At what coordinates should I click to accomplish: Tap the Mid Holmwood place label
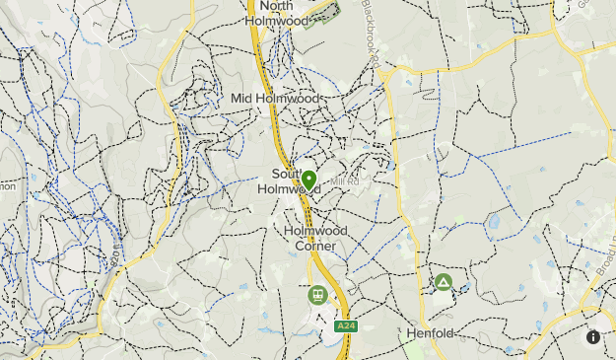(x=276, y=98)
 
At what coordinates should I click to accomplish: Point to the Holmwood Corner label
(x=315, y=238)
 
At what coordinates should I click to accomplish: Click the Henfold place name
(x=431, y=333)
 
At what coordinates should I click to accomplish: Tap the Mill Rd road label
(x=345, y=181)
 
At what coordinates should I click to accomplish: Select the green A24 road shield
(x=344, y=325)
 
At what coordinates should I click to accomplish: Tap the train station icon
(x=317, y=294)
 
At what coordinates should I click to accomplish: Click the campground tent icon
(x=444, y=283)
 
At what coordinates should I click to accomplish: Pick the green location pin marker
(x=308, y=180)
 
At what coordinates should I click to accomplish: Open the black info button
(x=593, y=336)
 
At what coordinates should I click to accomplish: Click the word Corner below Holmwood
(x=315, y=246)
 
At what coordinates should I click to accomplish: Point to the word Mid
(x=241, y=98)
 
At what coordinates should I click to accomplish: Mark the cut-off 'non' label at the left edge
(x=5, y=184)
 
